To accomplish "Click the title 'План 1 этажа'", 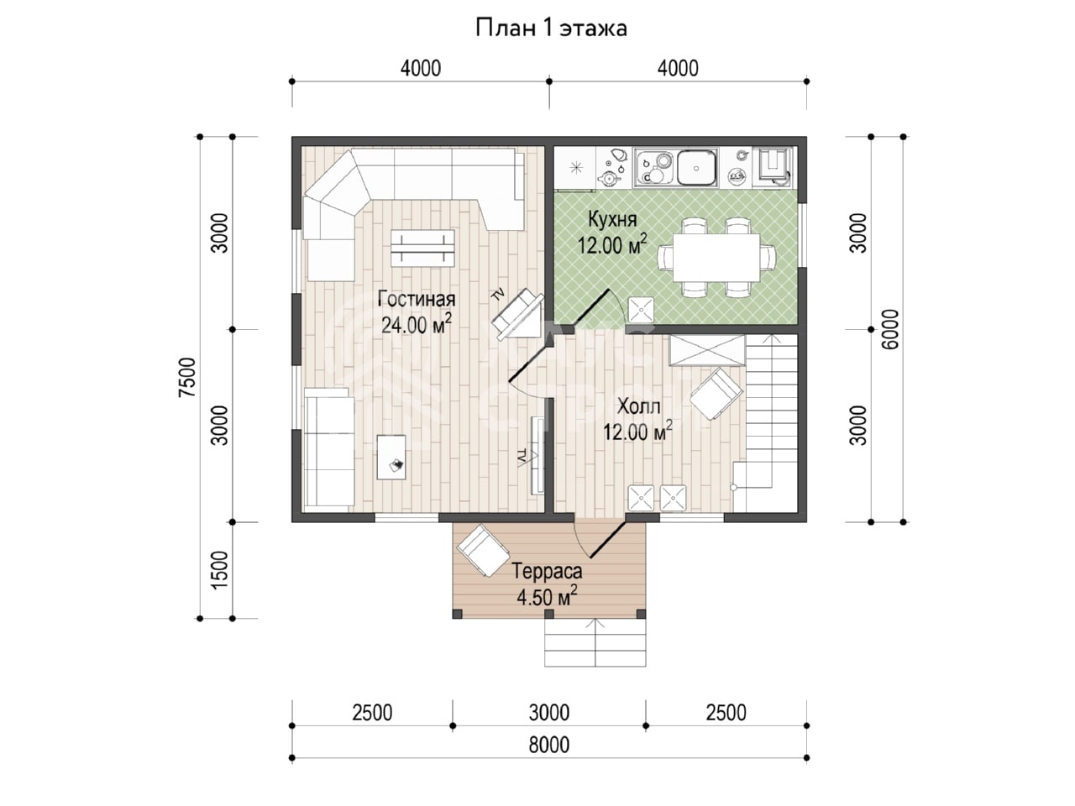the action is [x=551, y=29].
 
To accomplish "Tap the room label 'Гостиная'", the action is [x=417, y=299].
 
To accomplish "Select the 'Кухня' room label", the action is [x=612, y=219].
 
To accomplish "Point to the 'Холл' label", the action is [x=638, y=406].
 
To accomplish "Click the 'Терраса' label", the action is [x=547, y=571].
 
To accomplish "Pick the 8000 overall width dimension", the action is [x=549, y=746].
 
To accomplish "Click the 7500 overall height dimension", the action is [x=188, y=377].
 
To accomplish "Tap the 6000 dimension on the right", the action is [x=889, y=329].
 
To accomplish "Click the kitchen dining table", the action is [x=716, y=258].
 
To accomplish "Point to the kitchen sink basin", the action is [x=696, y=168].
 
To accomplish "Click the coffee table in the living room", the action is [x=422, y=249].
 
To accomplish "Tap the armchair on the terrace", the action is [x=483, y=552].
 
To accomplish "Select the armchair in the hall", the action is [x=716, y=395].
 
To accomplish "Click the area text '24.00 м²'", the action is [x=417, y=325].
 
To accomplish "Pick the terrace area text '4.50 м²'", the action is [x=547, y=597].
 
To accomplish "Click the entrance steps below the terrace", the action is [x=595, y=643].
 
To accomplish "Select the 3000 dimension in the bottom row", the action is [x=549, y=713].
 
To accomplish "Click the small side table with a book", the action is [x=391, y=457].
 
